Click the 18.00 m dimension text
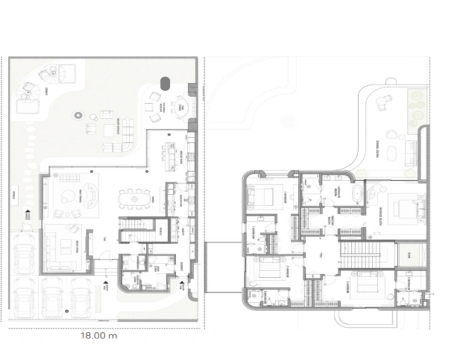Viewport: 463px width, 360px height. point(100,336)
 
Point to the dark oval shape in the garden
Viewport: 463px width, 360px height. point(165,82)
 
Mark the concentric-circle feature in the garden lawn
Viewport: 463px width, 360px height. point(77,115)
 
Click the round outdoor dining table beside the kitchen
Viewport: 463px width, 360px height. point(180,107)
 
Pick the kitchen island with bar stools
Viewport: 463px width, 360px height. point(175,157)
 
